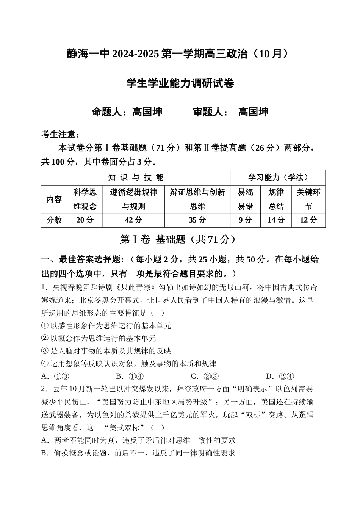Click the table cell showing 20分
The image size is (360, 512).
pyautogui.click(x=85, y=220)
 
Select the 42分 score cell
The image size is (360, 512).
pyautogui.click(x=133, y=220)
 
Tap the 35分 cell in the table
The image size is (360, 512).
pyautogui.click(x=197, y=220)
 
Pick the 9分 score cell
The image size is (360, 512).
pyautogui.click(x=245, y=220)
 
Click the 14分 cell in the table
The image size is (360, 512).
pyautogui.click(x=276, y=220)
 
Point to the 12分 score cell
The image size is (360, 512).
pyautogui.click(x=308, y=220)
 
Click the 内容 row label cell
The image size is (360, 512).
pyautogui.click(x=54, y=199)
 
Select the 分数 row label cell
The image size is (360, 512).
pyautogui.click(x=54, y=220)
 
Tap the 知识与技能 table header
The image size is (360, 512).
pyautogui.click(x=136, y=177)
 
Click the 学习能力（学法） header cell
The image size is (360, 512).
pyautogui.click(x=278, y=177)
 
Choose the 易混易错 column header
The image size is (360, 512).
pyautogui.click(x=245, y=199)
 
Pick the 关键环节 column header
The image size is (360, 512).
pyautogui.click(x=308, y=199)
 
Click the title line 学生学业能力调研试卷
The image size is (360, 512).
pyautogui.click(x=180, y=83)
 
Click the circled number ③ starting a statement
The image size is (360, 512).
pyautogui.click(x=45, y=351)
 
